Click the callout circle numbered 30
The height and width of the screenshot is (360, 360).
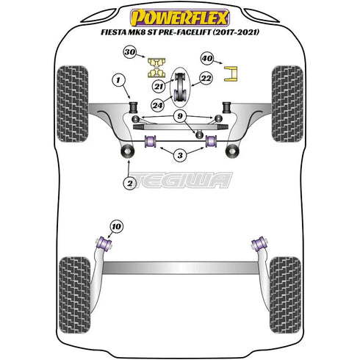pos(130,53)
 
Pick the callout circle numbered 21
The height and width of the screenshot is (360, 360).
pos(159,87)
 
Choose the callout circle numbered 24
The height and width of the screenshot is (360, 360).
pos(159,104)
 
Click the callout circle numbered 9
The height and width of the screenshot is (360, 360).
pos(179,116)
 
